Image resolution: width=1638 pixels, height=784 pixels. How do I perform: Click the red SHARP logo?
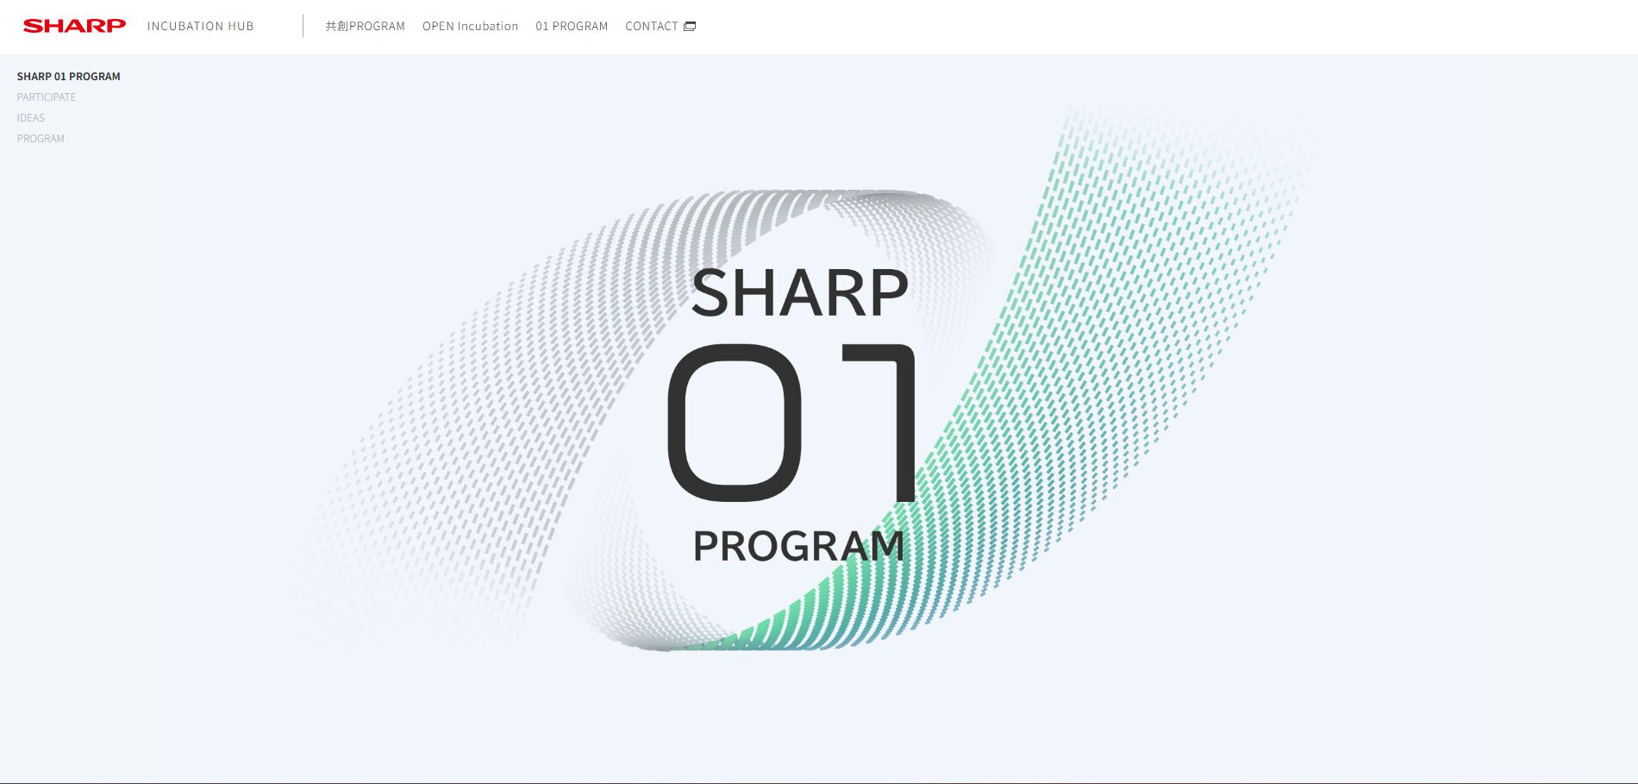point(74,26)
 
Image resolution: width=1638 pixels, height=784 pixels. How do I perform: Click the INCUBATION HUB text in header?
point(201,26)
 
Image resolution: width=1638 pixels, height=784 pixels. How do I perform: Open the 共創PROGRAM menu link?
point(366,26)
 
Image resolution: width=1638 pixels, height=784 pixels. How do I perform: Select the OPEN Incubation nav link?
point(471,26)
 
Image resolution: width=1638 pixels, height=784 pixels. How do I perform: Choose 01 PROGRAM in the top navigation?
point(572,26)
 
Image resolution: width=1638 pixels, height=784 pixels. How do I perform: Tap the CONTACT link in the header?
point(652,26)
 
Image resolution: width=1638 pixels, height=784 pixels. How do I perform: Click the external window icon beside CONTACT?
point(690,27)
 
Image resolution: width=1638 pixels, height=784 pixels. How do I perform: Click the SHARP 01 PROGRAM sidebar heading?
point(69,77)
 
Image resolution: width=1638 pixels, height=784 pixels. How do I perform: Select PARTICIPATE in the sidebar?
point(47,97)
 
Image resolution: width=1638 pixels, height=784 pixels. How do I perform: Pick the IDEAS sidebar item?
point(31,118)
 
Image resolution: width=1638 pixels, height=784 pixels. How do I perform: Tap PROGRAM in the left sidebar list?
point(41,139)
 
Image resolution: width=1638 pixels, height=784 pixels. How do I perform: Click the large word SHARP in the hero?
point(800,292)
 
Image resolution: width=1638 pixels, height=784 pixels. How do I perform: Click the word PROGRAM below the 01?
point(799,546)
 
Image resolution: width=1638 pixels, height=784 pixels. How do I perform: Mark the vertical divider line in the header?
point(303,26)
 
